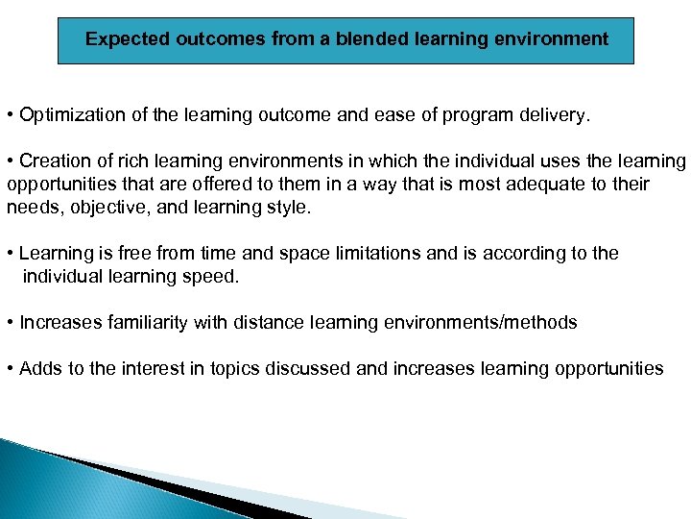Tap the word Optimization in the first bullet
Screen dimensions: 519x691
[68, 116]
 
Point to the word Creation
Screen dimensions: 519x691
[53, 161]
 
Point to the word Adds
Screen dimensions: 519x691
[38, 368]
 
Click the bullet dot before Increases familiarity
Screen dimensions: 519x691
[10, 322]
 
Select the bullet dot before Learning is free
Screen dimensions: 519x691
[10, 254]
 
